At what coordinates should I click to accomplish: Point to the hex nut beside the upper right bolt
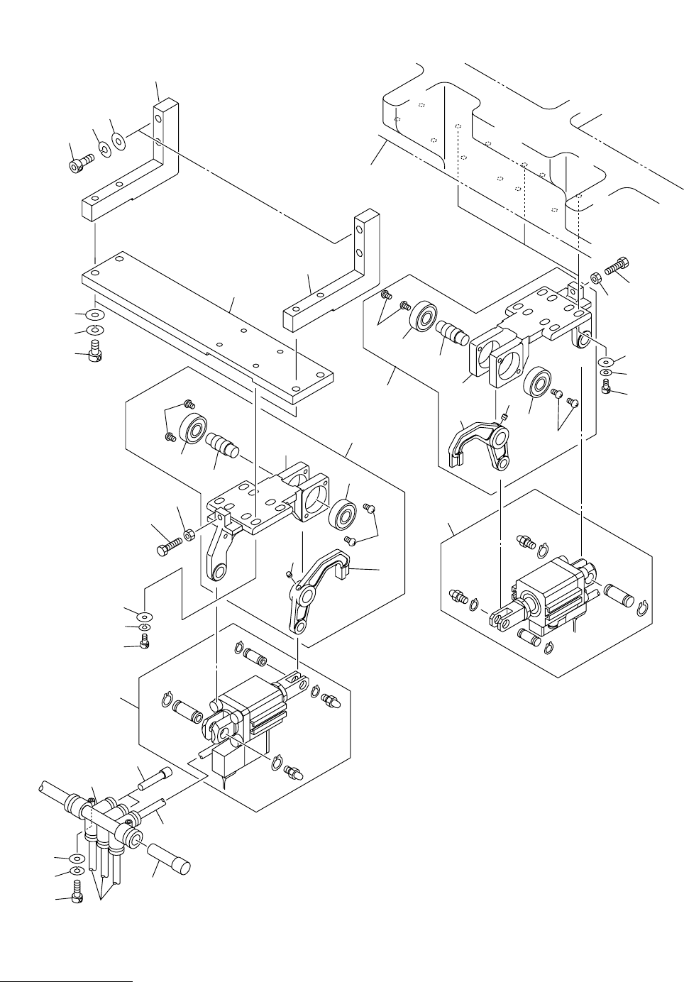coord(596,278)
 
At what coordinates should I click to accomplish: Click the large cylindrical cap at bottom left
coord(170,858)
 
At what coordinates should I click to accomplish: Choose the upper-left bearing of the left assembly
coord(192,429)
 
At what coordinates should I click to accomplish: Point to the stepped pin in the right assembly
coord(453,331)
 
